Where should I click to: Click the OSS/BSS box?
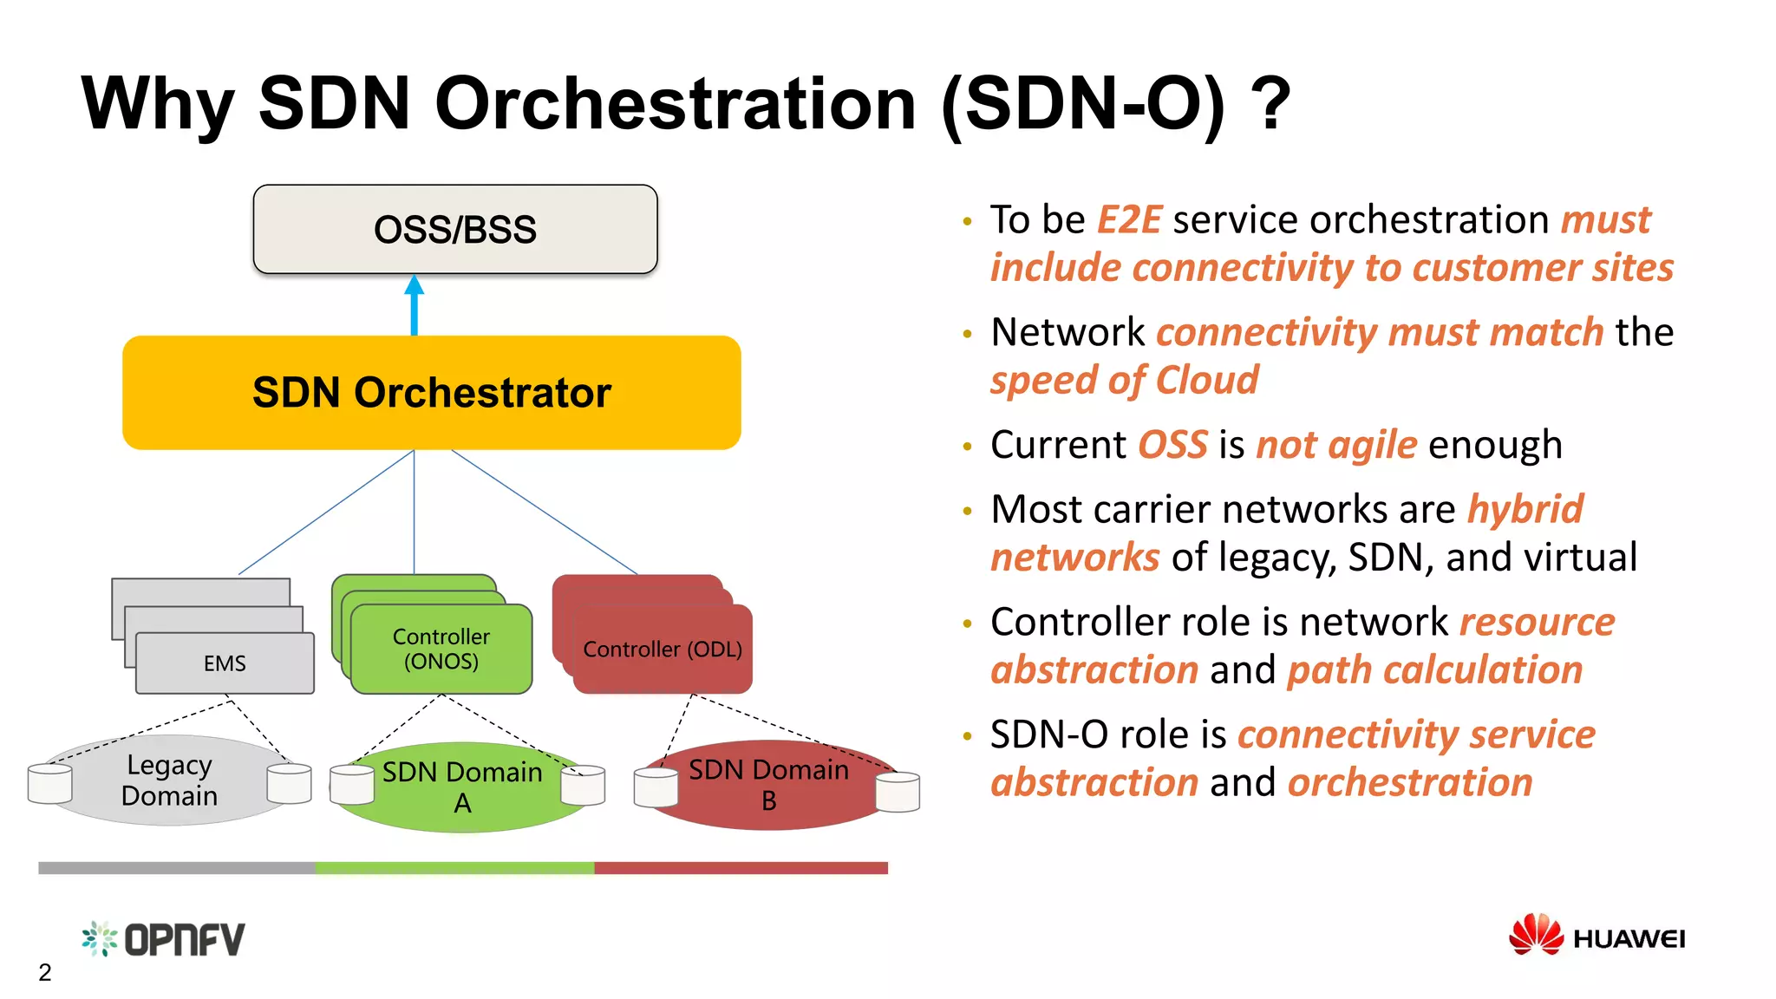tap(454, 230)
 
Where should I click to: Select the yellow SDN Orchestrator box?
tap(431, 393)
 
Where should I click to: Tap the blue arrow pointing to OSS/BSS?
tap(415, 304)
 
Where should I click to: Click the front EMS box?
tap(225, 663)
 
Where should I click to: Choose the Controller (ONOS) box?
tap(441, 650)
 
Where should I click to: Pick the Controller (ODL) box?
tap(663, 650)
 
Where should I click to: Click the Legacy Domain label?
tap(169, 780)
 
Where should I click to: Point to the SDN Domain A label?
tap(462, 787)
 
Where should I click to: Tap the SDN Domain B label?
tap(768, 784)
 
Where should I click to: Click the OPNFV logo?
tap(164, 939)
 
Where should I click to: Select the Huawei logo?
tap(1596, 937)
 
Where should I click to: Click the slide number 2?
tap(45, 973)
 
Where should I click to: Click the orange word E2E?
tap(1129, 219)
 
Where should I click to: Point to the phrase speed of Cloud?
tap(1124, 381)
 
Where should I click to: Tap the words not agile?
tap(1336, 445)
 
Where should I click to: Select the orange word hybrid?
tap(1525, 509)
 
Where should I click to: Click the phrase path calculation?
tap(1434, 670)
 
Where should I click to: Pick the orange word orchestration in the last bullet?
tap(1410, 782)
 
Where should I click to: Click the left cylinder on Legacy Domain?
tap(49, 783)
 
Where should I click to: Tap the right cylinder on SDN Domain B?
tap(898, 792)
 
